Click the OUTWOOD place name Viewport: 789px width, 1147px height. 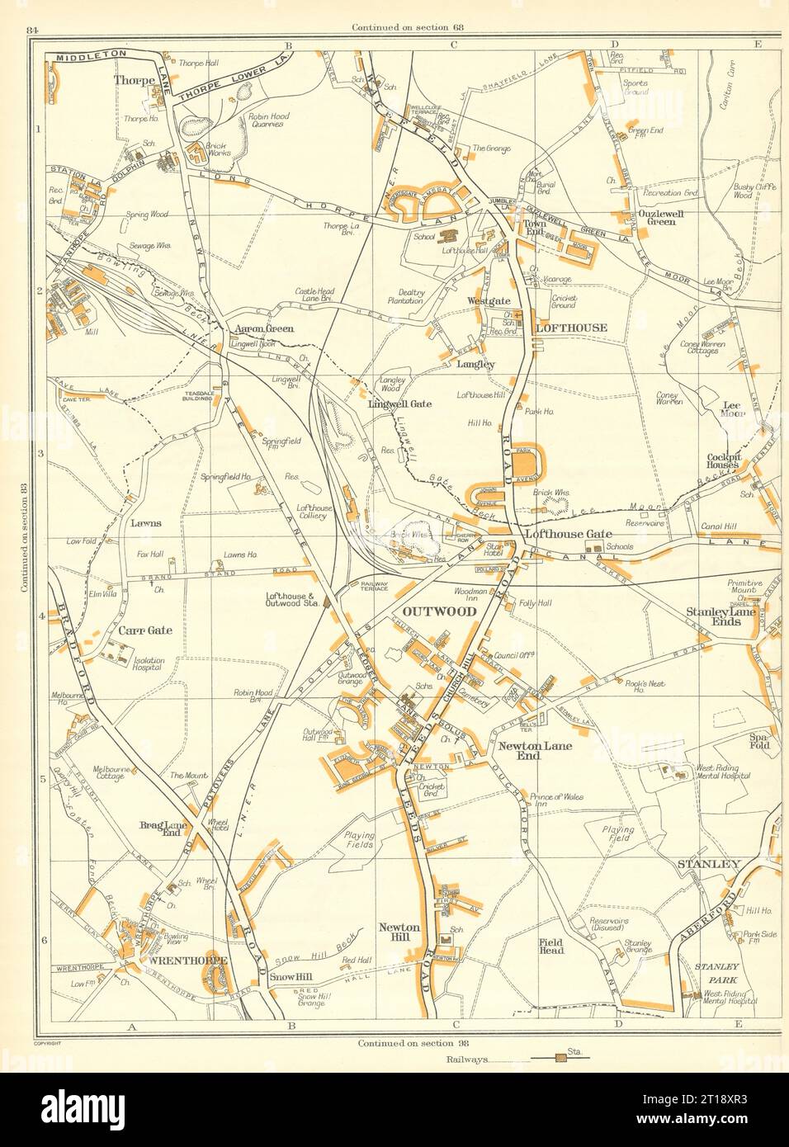[x=439, y=611]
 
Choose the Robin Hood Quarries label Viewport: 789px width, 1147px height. [x=266, y=120]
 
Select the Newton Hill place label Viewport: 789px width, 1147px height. [x=399, y=932]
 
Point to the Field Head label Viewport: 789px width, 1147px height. [x=551, y=945]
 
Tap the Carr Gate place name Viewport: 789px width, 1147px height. [x=144, y=630]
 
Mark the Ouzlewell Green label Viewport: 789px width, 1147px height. [x=658, y=216]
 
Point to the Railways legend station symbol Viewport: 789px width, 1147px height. [x=560, y=1056]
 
